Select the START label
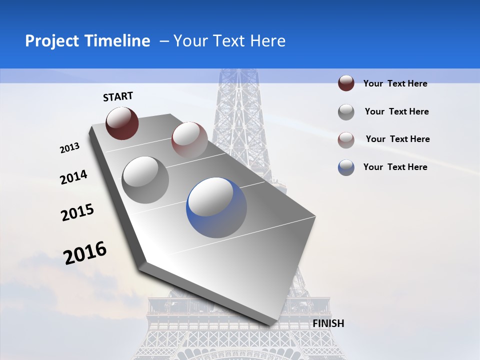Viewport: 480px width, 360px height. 118,96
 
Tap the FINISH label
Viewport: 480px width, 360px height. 328,323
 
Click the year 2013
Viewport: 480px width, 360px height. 70,148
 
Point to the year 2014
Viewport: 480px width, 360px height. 74,177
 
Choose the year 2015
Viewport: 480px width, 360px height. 77,212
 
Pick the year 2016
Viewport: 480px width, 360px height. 85,253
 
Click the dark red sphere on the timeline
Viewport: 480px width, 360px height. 122,122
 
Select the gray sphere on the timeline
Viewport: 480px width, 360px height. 145,179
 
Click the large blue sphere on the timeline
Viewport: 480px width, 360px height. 216,207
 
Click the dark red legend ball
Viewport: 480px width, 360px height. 346,83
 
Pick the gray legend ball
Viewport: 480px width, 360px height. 346,112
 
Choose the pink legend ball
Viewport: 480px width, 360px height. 346,140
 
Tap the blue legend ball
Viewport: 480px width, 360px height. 346,167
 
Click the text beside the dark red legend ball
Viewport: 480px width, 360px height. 395,83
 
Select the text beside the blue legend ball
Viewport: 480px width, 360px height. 395,167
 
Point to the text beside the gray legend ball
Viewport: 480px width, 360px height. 396,111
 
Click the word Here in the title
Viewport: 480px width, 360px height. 267,41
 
